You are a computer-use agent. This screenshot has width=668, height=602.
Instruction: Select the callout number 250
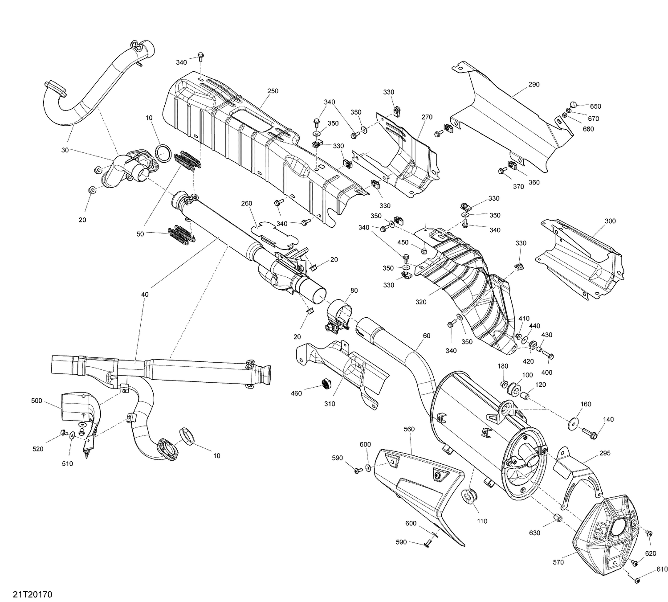click(x=273, y=91)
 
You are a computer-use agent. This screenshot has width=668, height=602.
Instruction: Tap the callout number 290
click(x=534, y=85)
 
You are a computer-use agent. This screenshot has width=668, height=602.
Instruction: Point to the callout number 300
click(x=610, y=221)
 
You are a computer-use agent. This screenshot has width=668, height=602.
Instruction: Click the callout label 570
click(x=558, y=562)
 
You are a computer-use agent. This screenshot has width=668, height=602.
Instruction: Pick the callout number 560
click(x=409, y=429)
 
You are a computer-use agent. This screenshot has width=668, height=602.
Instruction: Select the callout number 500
click(x=37, y=401)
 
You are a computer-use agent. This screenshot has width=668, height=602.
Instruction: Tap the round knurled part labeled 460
click(x=328, y=383)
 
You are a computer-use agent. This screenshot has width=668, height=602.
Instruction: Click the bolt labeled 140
click(x=588, y=432)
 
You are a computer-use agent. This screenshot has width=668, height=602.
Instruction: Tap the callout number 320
click(x=420, y=302)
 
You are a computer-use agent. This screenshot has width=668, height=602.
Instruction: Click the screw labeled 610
click(x=637, y=580)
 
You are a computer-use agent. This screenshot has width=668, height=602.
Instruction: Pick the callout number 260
click(x=246, y=203)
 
